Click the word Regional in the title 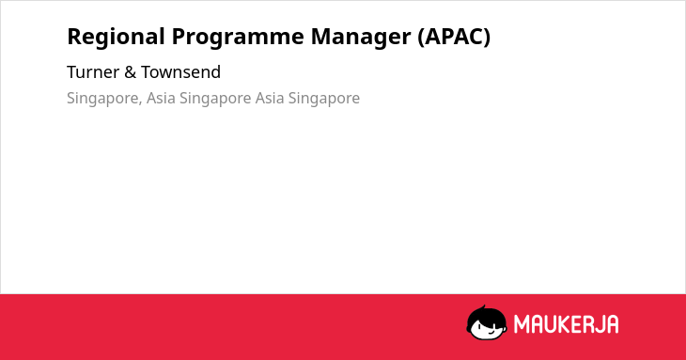click(x=116, y=38)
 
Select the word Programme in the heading click(x=238, y=38)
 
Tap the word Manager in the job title click(x=361, y=38)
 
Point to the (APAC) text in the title click(x=454, y=37)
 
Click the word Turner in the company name click(x=93, y=72)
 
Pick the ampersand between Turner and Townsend click(x=131, y=72)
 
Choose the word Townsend click(x=180, y=72)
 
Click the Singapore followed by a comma click(x=104, y=99)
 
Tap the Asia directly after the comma click(x=161, y=98)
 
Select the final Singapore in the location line click(x=324, y=99)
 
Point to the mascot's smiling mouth click(x=491, y=332)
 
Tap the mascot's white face click(x=487, y=329)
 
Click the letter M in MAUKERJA click(x=522, y=324)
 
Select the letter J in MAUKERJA click(x=597, y=324)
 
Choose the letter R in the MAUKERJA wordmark click(x=585, y=324)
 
